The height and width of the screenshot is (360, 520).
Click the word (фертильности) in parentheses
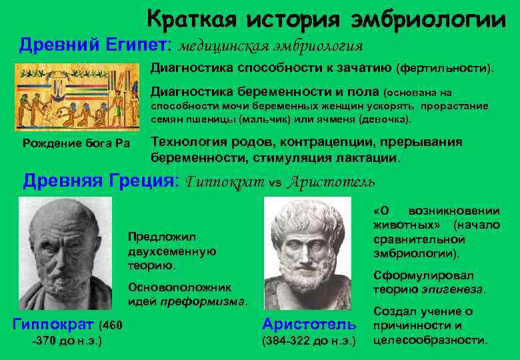click(x=445, y=69)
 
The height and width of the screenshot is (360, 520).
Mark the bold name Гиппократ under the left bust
click(x=53, y=325)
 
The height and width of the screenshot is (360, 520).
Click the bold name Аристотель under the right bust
click(x=309, y=324)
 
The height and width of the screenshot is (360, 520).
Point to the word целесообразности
click(x=430, y=340)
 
